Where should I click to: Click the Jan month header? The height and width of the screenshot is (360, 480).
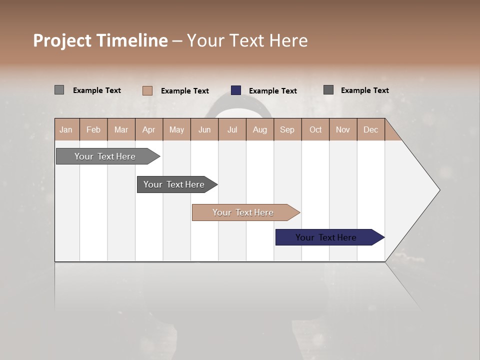pyautogui.click(x=66, y=129)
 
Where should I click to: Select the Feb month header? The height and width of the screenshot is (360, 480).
pyautogui.click(x=93, y=129)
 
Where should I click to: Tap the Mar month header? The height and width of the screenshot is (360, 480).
pyautogui.click(x=121, y=129)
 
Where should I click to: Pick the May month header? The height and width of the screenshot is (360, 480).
pyautogui.click(x=176, y=129)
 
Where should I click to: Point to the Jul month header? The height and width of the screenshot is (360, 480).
pyautogui.click(x=232, y=129)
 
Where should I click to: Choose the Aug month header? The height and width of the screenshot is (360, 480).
pyautogui.click(x=260, y=129)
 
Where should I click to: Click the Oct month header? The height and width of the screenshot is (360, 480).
pyautogui.click(x=315, y=129)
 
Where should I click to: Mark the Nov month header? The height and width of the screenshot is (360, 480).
pyautogui.click(x=343, y=129)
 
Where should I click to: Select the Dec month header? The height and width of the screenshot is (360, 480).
pyautogui.click(x=370, y=129)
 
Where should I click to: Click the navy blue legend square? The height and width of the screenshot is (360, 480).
pyautogui.click(x=236, y=90)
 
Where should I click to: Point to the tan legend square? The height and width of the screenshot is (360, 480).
pyautogui.click(x=147, y=90)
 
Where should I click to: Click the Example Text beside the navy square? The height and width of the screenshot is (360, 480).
pyautogui.click(x=273, y=91)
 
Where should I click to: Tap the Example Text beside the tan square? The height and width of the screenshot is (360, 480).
pyautogui.click(x=185, y=91)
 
